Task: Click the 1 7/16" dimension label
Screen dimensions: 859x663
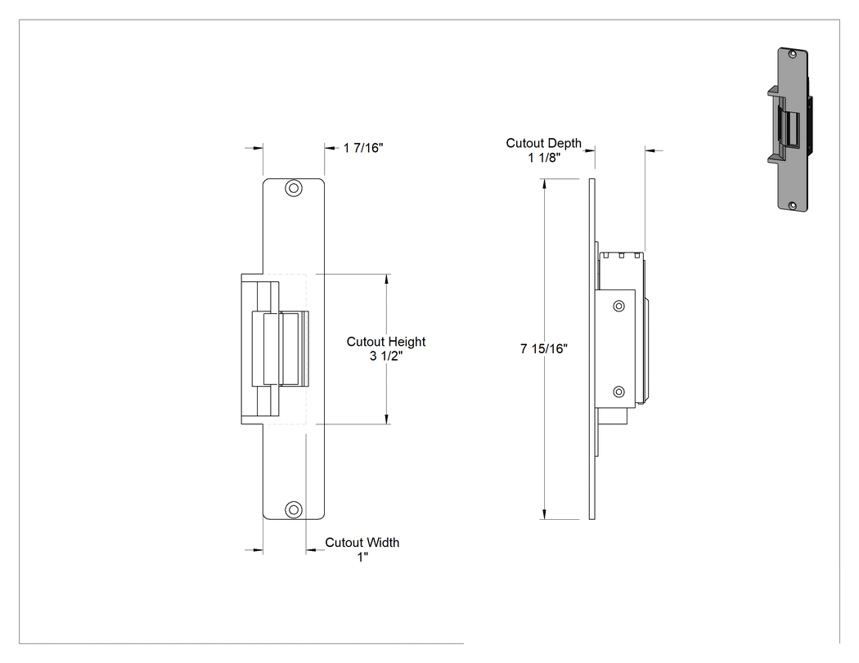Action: pyautogui.click(x=363, y=148)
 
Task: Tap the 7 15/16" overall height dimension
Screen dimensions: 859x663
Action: pyautogui.click(x=543, y=349)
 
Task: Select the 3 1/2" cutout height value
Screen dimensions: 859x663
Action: pyautogui.click(x=386, y=356)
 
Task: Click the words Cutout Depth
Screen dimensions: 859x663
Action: pyautogui.click(x=543, y=143)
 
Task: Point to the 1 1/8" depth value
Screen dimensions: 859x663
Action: pyautogui.click(x=544, y=158)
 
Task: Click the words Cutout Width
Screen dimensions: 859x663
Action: pyautogui.click(x=362, y=543)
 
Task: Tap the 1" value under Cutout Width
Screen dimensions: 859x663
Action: pyautogui.click(x=362, y=557)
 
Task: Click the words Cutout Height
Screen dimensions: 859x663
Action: pyautogui.click(x=386, y=342)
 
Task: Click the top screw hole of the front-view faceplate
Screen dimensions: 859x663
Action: pyautogui.click(x=294, y=189)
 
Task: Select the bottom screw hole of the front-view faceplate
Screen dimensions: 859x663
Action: pyautogui.click(x=294, y=509)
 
